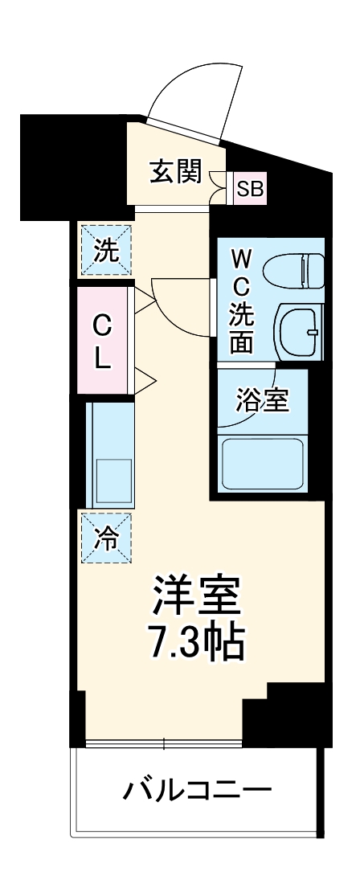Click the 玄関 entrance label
point(174,172)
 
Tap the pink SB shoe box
point(249,190)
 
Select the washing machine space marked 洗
point(105,250)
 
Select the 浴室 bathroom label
point(261,400)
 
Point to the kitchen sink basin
point(112,481)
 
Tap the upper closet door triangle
point(144,302)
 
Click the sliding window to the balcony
point(164,743)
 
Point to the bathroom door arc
point(261,378)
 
